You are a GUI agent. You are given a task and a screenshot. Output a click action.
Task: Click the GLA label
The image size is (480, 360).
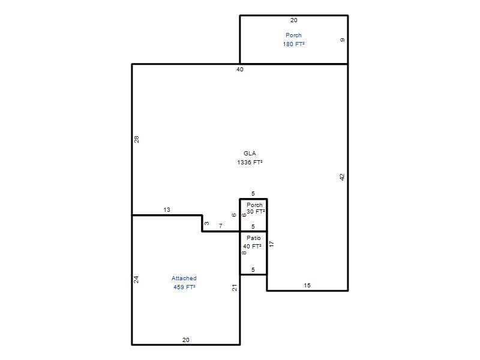[x=250, y=154]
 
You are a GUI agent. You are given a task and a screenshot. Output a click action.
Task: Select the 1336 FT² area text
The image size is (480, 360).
[x=250, y=162]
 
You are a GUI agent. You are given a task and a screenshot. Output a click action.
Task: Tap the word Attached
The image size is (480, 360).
[x=184, y=278]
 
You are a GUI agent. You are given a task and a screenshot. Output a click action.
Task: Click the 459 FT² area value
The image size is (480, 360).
[x=184, y=287]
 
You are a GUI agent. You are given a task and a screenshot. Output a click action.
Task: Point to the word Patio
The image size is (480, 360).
[x=254, y=238]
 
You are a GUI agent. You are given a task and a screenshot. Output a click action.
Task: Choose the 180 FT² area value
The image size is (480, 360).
[x=293, y=44]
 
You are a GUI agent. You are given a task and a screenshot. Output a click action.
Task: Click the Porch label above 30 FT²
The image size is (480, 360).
[x=254, y=205]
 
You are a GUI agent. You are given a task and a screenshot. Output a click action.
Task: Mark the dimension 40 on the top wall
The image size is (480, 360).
[x=239, y=70]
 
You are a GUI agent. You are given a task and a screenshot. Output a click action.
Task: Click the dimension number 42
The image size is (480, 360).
[x=342, y=177]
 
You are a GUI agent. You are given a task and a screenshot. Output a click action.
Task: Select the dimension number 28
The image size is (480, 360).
[x=137, y=139]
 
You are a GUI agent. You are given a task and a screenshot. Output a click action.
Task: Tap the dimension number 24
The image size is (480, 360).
[x=136, y=280]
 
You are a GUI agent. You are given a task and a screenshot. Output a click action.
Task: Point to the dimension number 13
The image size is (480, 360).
[x=167, y=209]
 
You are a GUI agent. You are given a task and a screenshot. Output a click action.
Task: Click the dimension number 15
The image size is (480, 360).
[x=307, y=286]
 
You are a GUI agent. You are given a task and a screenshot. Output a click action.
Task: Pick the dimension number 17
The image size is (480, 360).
[x=271, y=244]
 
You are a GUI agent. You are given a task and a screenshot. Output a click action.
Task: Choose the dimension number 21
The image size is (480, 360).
[x=235, y=288]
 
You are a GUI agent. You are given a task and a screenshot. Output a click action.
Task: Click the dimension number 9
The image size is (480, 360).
[x=342, y=40]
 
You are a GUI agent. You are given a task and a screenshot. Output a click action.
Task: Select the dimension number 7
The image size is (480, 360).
[x=220, y=226]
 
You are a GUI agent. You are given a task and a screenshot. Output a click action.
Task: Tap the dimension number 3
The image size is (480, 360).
[x=207, y=223]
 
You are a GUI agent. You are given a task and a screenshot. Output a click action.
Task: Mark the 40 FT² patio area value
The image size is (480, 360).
[x=252, y=246]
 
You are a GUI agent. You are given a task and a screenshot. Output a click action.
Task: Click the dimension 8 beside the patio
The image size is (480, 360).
[x=244, y=253]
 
